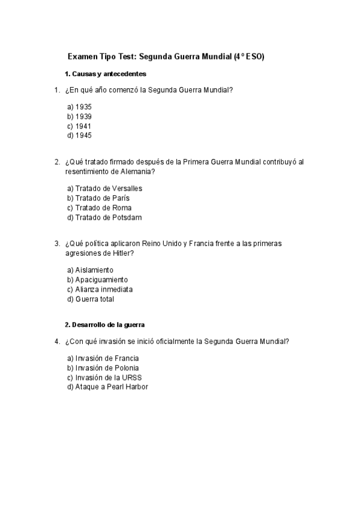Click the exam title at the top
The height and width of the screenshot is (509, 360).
coord(166,57)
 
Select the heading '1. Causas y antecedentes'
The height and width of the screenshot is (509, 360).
coord(106,74)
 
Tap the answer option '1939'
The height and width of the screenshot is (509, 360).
coord(79,116)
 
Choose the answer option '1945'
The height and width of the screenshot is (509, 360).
coord(79,136)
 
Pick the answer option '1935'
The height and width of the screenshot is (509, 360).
coord(79,107)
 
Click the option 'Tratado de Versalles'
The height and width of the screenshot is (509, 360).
coord(104,188)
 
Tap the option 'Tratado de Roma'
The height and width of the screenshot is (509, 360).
coord(99,208)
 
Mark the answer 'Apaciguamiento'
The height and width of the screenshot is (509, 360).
coord(97,280)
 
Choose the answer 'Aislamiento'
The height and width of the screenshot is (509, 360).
coord(90,270)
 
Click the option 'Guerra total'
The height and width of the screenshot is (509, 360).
coord(90,299)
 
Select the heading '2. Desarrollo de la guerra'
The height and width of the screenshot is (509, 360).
coord(105,325)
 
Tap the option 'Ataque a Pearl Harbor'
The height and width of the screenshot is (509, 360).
coord(107,387)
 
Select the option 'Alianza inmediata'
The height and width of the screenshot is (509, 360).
coord(100,289)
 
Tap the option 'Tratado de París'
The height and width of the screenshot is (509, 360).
coord(98,198)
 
